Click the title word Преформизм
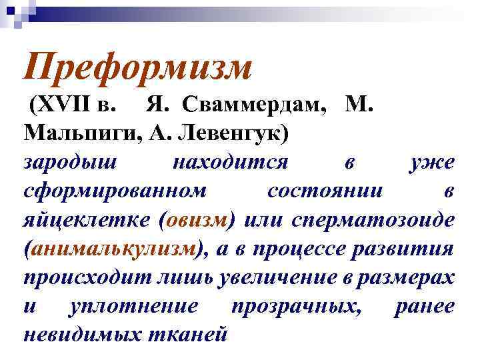tap(137, 67)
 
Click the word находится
tap(229, 161)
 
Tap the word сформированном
tap(115, 191)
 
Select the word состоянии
tap(325, 191)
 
